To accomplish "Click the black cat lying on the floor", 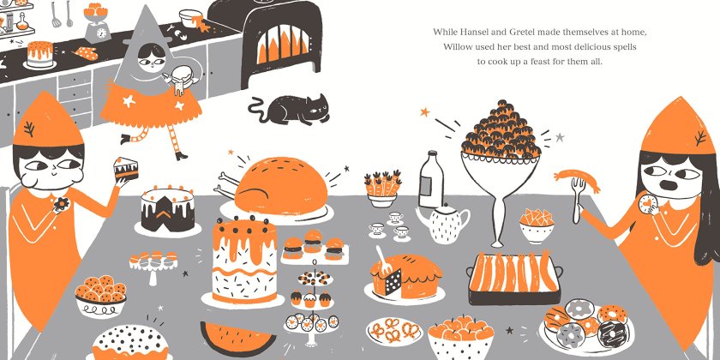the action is click(x=291, y=111).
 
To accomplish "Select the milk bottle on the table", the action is click(x=431, y=179).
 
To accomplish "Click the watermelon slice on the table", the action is click(x=238, y=339).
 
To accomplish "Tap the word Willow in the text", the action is click(x=456, y=47).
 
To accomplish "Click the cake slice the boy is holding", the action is click(x=126, y=169).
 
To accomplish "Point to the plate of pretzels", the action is click(x=394, y=331).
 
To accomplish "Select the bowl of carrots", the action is click(x=382, y=189).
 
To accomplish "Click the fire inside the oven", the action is click(x=283, y=44).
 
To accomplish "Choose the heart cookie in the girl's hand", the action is click(x=647, y=203).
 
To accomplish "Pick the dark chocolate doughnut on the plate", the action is click(x=609, y=333).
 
